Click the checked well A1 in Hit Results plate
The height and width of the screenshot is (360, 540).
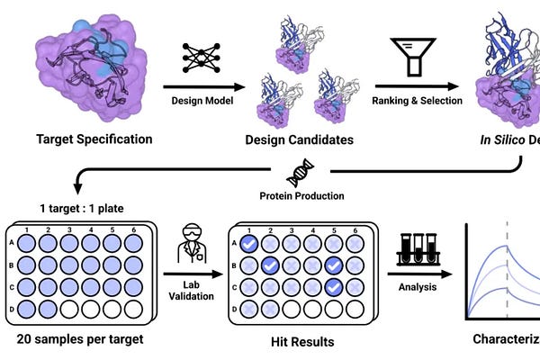pos(249,243)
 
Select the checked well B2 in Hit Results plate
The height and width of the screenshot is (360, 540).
pos(270,265)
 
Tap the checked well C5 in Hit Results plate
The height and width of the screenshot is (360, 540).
pos(333,286)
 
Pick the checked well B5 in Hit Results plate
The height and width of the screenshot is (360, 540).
pos(333,265)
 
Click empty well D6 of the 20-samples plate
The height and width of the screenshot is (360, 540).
pos(132,309)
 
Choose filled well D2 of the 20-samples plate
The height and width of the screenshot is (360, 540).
pos(49,309)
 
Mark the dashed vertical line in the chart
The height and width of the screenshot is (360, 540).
pos(508,270)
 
